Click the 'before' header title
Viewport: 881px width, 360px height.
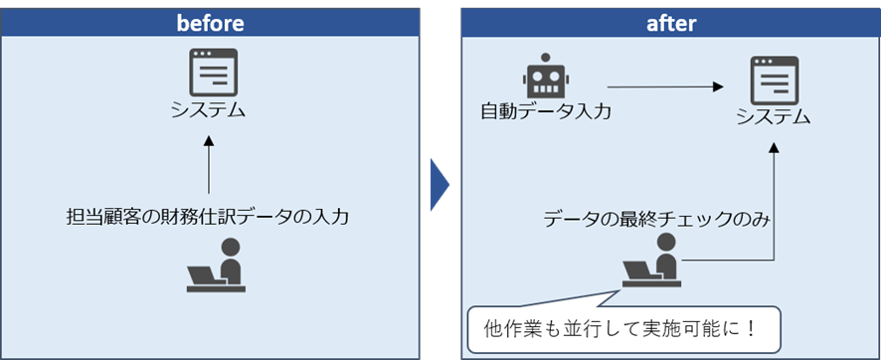(210, 22)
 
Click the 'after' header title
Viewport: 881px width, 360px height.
(672, 22)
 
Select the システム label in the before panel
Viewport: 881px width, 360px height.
(209, 108)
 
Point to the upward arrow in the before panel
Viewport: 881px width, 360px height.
(209, 165)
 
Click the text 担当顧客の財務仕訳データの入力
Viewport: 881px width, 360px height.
(208, 216)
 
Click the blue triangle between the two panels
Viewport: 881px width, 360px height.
(439, 183)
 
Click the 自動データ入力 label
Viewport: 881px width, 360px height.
(545, 110)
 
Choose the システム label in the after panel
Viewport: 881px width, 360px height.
(773, 117)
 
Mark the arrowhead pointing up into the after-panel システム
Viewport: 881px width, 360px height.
(775, 146)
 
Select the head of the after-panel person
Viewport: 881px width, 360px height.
(663, 244)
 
